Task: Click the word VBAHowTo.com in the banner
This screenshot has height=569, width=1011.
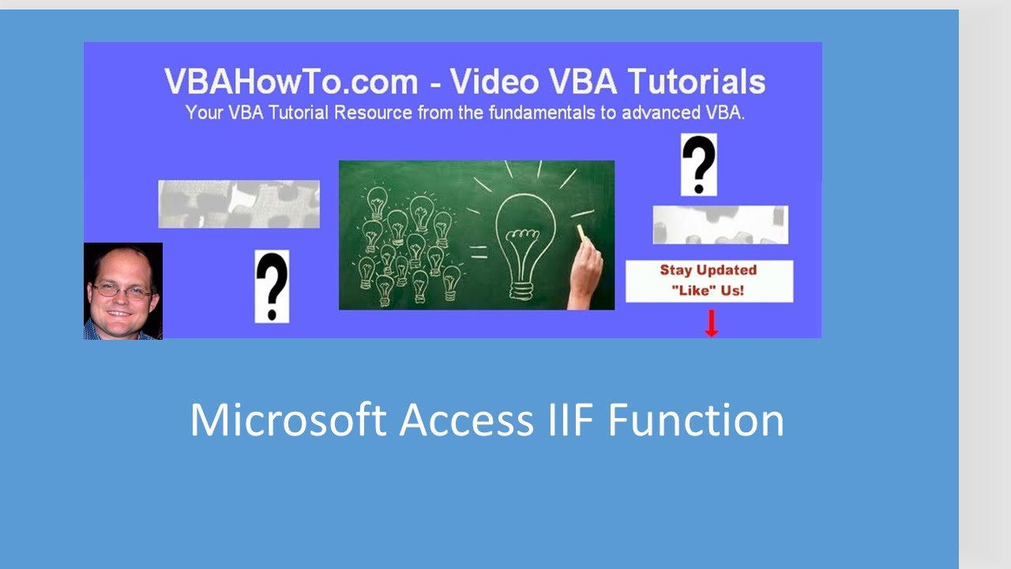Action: tap(291, 82)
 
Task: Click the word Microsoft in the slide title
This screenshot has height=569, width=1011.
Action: tap(288, 420)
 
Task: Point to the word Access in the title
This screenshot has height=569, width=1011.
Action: tap(467, 420)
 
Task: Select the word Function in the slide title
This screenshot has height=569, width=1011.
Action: tap(695, 420)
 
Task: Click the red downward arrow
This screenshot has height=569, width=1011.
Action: tap(711, 323)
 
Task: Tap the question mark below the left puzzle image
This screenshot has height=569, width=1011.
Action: tap(272, 286)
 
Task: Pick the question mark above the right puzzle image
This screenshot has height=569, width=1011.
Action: tap(699, 164)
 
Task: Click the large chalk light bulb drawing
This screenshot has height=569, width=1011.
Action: tap(524, 240)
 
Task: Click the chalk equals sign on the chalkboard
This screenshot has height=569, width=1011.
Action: tap(478, 252)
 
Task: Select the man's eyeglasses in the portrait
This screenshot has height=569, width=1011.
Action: tap(122, 291)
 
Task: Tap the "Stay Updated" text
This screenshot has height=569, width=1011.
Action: tap(708, 270)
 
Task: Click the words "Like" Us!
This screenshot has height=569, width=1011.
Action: tap(708, 290)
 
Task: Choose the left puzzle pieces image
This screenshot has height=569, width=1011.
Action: tap(239, 204)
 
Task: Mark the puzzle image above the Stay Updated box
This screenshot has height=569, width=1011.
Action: tap(720, 224)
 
